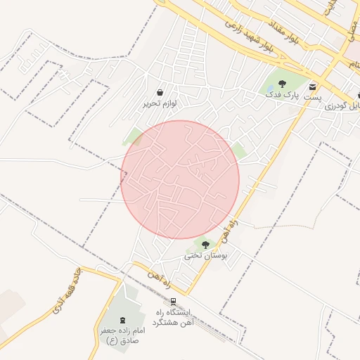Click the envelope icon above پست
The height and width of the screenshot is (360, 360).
pos(312,86)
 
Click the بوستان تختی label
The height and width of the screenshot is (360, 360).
pos(207,257)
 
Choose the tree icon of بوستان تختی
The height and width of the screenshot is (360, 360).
pos(205,245)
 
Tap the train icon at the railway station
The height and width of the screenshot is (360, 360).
pos(174,302)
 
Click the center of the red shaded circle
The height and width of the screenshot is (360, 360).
pos(181,179)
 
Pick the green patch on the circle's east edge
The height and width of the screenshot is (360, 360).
pos(239,150)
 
